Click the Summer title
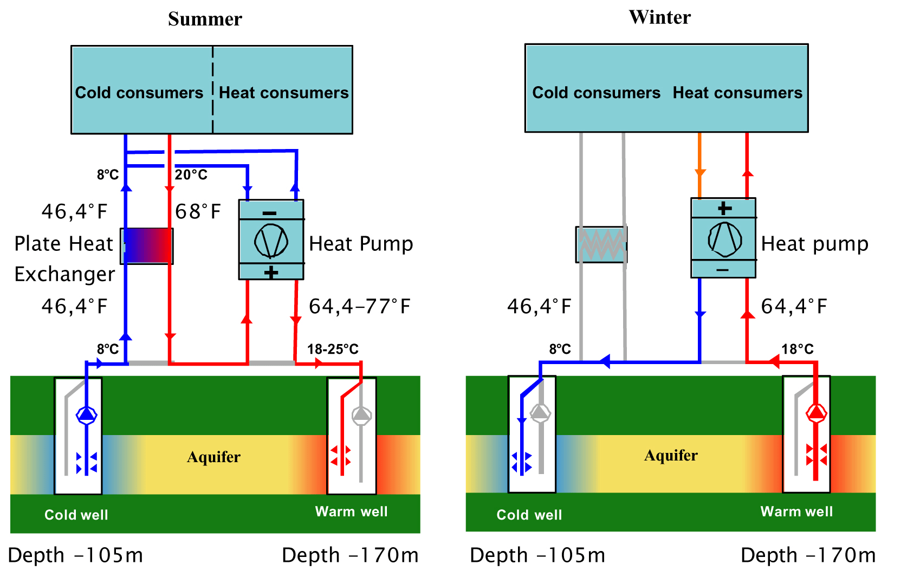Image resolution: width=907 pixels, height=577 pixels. (x=205, y=20)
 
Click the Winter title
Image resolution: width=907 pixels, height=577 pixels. (x=659, y=17)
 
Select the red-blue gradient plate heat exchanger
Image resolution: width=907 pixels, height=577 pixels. (x=147, y=246)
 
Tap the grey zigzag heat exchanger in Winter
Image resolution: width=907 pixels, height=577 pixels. (x=601, y=244)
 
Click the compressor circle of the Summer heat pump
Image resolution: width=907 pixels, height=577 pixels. (x=271, y=241)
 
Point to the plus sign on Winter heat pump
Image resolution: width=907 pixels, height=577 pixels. (x=724, y=208)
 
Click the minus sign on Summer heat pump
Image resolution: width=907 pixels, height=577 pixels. (x=269, y=213)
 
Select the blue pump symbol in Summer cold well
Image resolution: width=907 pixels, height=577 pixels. (x=86, y=416)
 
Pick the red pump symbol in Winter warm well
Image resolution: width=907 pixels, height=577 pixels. (x=816, y=413)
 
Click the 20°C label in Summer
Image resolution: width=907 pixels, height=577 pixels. (x=191, y=174)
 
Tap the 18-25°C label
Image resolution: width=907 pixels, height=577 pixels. (x=333, y=349)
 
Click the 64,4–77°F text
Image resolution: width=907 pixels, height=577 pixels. (x=360, y=306)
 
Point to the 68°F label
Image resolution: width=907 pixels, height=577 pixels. (x=198, y=211)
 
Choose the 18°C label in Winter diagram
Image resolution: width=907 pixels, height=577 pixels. (x=797, y=349)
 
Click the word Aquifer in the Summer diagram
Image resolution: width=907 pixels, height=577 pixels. (x=213, y=457)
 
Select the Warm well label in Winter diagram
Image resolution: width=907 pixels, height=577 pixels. (x=796, y=511)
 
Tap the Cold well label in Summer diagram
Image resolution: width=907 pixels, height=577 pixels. (x=76, y=515)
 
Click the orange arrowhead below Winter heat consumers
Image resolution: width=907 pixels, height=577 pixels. (x=700, y=173)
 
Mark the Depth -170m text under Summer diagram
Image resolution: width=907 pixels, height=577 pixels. (x=350, y=555)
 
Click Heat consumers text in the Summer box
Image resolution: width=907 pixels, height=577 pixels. (x=283, y=93)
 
